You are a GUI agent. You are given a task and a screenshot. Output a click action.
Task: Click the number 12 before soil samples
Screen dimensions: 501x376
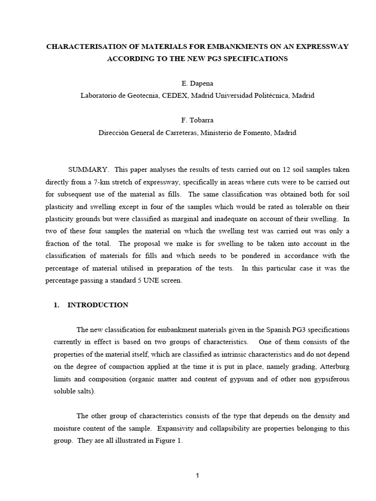tap(287, 169)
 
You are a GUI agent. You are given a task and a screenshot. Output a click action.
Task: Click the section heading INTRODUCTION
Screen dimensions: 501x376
tap(98, 305)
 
